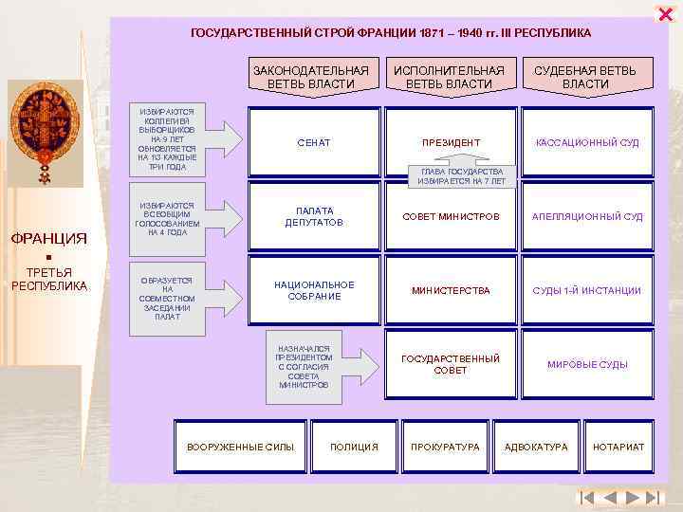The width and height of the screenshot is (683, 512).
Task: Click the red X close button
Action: point(664,12)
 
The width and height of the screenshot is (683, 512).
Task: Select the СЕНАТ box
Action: point(313,143)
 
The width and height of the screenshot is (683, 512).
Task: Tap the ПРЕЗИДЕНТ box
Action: point(450,143)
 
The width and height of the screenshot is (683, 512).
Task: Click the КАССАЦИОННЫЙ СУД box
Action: point(587,143)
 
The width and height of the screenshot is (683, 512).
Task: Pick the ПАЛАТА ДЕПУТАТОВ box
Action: point(313,217)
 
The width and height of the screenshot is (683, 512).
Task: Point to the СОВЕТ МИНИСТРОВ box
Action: point(450,217)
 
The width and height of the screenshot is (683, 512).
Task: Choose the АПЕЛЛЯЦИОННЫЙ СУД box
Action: point(587,217)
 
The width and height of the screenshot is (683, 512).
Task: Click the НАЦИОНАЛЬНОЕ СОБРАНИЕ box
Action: point(313,291)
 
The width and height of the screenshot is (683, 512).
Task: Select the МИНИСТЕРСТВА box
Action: point(450,291)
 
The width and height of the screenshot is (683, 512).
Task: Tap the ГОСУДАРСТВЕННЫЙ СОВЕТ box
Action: point(450,364)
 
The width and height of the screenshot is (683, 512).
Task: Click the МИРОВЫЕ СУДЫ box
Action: point(587,364)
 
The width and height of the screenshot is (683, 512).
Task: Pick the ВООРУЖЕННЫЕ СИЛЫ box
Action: point(240,447)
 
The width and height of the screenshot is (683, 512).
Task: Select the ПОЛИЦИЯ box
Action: point(354,447)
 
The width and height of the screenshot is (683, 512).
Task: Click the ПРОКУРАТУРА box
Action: point(445,447)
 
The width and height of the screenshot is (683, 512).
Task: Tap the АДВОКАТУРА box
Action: point(536,447)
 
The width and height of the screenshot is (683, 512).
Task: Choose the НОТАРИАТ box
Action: point(618,447)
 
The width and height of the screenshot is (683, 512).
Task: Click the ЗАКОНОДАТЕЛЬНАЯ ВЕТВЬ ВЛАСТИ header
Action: point(311,77)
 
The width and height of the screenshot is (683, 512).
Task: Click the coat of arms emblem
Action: point(45,132)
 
